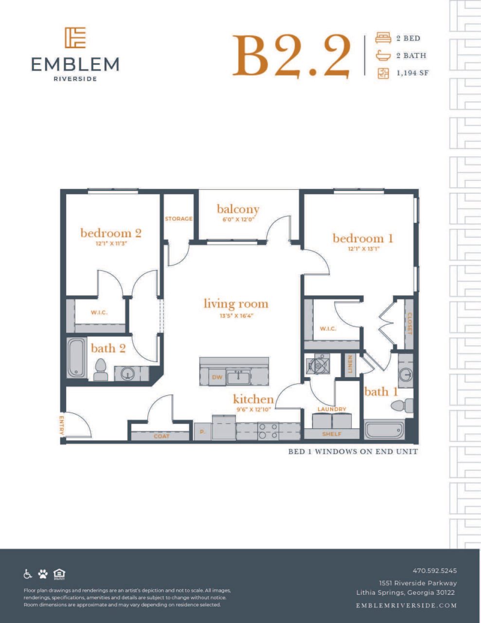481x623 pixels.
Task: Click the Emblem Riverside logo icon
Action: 75,37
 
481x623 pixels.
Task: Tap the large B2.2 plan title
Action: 291,57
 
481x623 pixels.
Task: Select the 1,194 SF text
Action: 412,73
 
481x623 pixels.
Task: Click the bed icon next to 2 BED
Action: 383,38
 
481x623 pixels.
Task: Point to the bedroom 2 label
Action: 111,233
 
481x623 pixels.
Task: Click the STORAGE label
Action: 178,219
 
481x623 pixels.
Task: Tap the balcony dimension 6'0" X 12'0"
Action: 238,220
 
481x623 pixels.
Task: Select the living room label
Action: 236,304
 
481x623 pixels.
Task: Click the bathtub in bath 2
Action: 76,358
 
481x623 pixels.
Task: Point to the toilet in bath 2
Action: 101,370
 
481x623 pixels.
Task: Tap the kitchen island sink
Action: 238,376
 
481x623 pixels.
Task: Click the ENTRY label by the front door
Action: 62,425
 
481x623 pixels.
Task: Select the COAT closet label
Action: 161,436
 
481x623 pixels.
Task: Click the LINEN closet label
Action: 349,364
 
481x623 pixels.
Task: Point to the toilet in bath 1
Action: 402,405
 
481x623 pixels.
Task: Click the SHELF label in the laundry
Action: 332,434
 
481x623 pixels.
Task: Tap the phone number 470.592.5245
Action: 434,570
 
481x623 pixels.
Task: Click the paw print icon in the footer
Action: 43,574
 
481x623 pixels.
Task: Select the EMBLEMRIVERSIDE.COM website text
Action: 406,605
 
